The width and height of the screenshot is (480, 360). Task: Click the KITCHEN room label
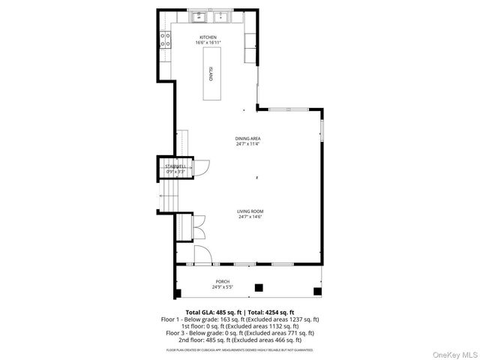click(x=208, y=37)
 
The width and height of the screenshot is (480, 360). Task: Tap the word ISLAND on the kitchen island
click(x=211, y=73)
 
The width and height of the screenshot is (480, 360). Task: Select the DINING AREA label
click(x=247, y=139)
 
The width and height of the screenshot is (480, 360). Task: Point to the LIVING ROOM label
click(x=250, y=211)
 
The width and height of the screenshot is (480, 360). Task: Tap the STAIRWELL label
click(x=175, y=166)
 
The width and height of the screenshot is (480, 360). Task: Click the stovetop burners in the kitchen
click(x=165, y=39)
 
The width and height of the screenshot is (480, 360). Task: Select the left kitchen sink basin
click(x=199, y=17)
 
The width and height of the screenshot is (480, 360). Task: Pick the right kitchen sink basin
click(x=222, y=17)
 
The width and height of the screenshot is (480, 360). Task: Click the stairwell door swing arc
click(x=200, y=168)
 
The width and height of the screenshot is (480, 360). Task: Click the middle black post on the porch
click(x=259, y=287)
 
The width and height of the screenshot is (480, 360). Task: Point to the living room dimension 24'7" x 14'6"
click(x=250, y=217)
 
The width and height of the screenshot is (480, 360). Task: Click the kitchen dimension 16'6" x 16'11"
click(x=208, y=43)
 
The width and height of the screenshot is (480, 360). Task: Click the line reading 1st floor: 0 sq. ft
click(x=239, y=325)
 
